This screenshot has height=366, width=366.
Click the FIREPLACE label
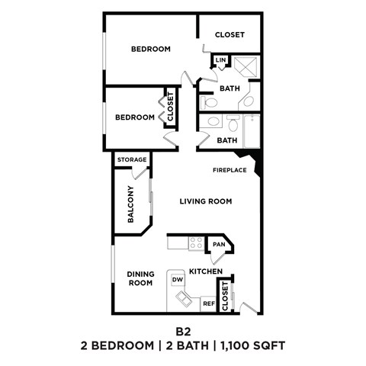point(229,170)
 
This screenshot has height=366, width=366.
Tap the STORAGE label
point(132,159)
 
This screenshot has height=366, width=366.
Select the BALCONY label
point(131,204)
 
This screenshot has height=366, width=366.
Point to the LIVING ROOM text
point(206,201)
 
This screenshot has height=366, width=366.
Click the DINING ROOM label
point(140,278)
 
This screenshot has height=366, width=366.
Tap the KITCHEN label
point(206,271)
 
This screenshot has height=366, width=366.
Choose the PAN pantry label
point(219,245)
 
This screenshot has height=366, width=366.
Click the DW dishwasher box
point(178,280)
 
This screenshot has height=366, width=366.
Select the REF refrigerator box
point(208,303)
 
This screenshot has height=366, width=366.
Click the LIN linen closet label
point(220,60)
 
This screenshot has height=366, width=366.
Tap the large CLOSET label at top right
point(230,35)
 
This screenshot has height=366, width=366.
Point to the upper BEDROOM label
point(150,50)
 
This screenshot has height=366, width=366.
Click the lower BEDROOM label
point(135,117)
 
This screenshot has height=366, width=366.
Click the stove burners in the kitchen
point(196,244)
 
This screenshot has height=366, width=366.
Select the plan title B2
point(183,332)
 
